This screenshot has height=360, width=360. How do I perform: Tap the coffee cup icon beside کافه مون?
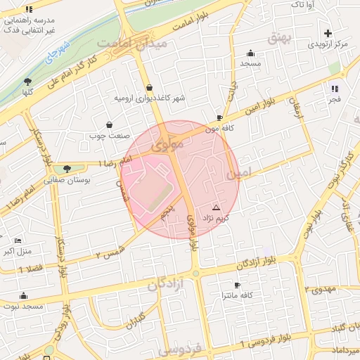point(220,118)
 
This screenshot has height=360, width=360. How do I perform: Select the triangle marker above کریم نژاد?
point(216,207)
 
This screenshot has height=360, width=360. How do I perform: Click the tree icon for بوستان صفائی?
point(67,168)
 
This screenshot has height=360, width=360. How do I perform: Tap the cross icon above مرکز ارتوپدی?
point(328,33)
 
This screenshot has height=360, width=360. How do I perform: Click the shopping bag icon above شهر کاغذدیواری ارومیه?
point(150,87)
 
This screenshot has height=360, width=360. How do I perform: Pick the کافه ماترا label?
point(237,296)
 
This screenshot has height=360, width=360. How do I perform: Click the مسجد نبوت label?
point(24,307)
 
